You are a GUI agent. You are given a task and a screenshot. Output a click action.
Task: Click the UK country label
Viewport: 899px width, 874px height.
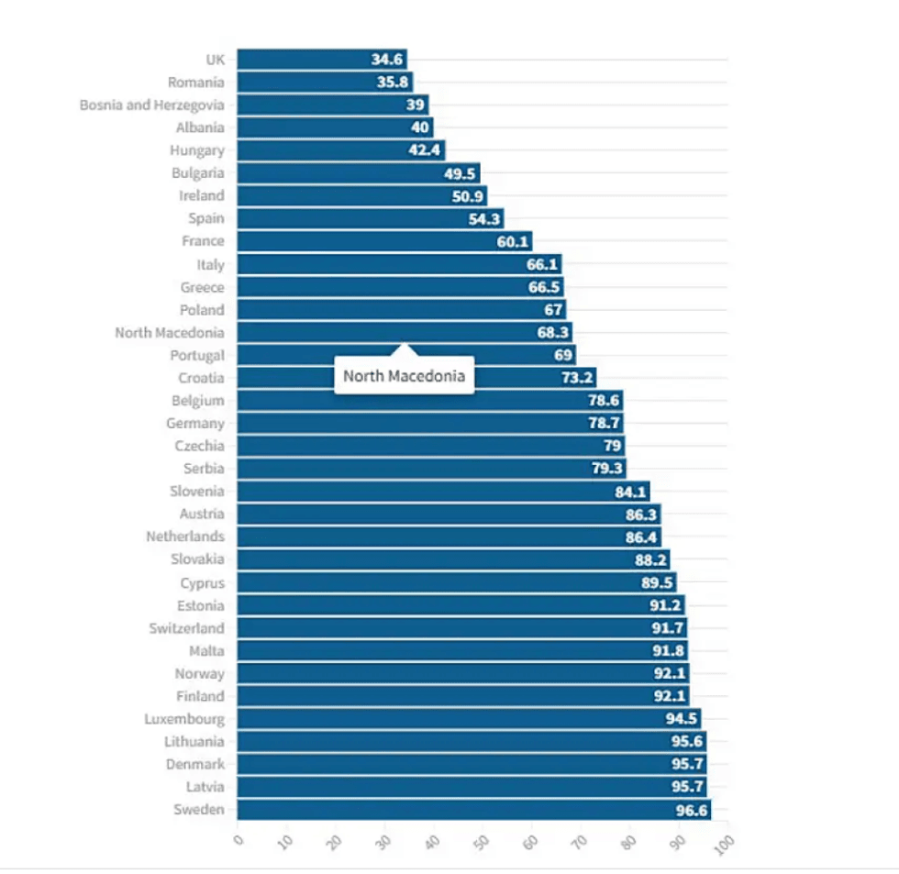coord(215,60)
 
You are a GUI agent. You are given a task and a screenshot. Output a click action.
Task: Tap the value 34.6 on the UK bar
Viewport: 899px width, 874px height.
coord(387,60)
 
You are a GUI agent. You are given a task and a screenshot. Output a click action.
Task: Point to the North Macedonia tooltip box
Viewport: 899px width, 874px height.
coord(404,376)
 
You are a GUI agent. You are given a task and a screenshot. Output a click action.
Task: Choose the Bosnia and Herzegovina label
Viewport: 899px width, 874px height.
coord(151,105)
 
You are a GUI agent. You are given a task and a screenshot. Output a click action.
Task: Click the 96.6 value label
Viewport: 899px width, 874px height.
coord(692,810)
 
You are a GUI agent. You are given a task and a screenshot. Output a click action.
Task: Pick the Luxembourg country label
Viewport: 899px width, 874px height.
coord(183,719)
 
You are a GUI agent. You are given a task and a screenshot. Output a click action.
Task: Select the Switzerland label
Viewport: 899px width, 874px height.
coord(186,628)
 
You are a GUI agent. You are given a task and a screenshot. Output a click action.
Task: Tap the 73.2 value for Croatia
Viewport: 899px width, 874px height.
coord(578,378)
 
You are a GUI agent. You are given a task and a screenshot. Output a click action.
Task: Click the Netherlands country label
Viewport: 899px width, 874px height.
coord(184,537)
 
